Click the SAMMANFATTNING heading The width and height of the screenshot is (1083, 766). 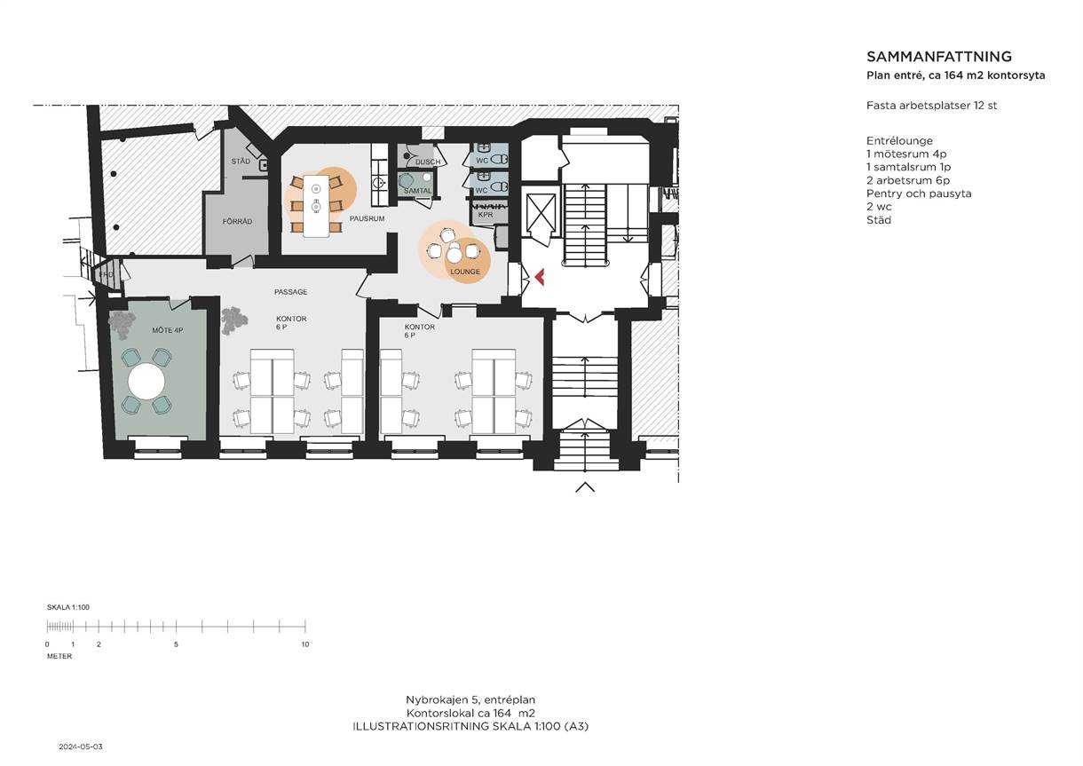pyautogui.click(x=938, y=57)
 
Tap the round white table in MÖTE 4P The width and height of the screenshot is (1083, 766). pyautogui.click(x=146, y=382)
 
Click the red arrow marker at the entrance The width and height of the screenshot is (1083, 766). pyautogui.click(x=539, y=277)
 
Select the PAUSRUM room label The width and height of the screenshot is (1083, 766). pyautogui.click(x=367, y=218)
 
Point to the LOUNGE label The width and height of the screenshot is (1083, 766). pyautogui.click(x=465, y=272)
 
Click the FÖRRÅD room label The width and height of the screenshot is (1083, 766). pyautogui.click(x=237, y=221)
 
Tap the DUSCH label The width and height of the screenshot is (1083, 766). pyautogui.click(x=428, y=162)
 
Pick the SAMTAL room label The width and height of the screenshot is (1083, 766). pyautogui.click(x=418, y=191)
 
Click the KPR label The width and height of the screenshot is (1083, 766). pyautogui.click(x=485, y=215)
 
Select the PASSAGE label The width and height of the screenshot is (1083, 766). pyautogui.click(x=290, y=292)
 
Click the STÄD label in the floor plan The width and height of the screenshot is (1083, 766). pyautogui.click(x=241, y=161)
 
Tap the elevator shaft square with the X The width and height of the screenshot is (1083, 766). pyautogui.click(x=540, y=210)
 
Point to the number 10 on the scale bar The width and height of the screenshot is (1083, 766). pyautogui.click(x=305, y=644)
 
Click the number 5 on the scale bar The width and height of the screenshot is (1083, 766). pyautogui.click(x=176, y=644)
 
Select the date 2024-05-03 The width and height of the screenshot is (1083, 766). pyautogui.click(x=81, y=746)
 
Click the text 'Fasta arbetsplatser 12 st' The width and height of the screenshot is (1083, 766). pyautogui.click(x=931, y=106)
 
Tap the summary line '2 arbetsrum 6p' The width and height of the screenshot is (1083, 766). pyautogui.click(x=908, y=180)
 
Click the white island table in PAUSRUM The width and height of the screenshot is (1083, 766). pyautogui.click(x=316, y=206)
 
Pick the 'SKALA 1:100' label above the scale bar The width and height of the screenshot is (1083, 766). pyautogui.click(x=68, y=607)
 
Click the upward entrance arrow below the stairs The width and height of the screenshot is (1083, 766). pyautogui.click(x=584, y=487)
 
